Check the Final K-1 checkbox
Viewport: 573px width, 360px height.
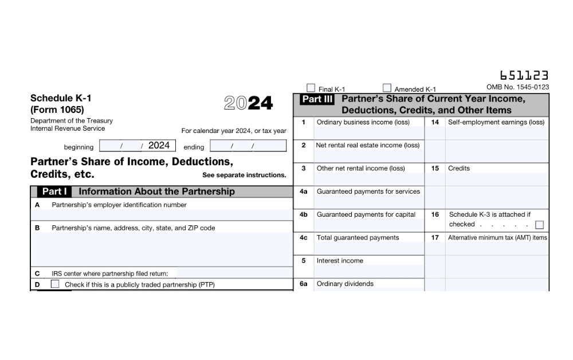(x=311, y=88)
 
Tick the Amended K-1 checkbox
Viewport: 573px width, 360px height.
(x=387, y=88)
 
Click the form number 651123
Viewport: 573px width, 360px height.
(x=524, y=76)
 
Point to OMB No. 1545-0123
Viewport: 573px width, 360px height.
(x=517, y=87)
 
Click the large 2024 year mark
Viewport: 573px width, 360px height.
(x=248, y=103)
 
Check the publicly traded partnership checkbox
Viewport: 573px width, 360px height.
(x=55, y=284)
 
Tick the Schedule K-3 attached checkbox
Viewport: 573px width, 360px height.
(x=539, y=225)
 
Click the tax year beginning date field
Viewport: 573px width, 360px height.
(x=135, y=146)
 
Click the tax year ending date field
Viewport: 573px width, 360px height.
(x=248, y=146)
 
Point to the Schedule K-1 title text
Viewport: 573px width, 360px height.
(x=61, y=98)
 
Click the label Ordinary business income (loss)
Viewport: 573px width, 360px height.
(x=363, y=122)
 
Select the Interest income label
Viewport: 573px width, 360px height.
(x=340, y=261)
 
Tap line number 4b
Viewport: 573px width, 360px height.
(x=304, y=214)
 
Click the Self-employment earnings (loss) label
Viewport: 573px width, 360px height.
(x=496, y=122)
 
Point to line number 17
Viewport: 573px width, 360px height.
(x=435, y=237)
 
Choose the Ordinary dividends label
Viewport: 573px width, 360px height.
(x=345, y=284)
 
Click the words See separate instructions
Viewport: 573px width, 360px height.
(x=244, y=175)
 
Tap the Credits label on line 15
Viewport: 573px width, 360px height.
(x=458, y=169)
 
